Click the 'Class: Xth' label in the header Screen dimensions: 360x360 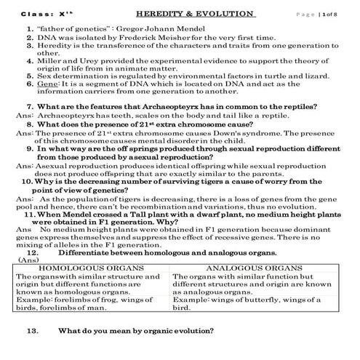40,15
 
